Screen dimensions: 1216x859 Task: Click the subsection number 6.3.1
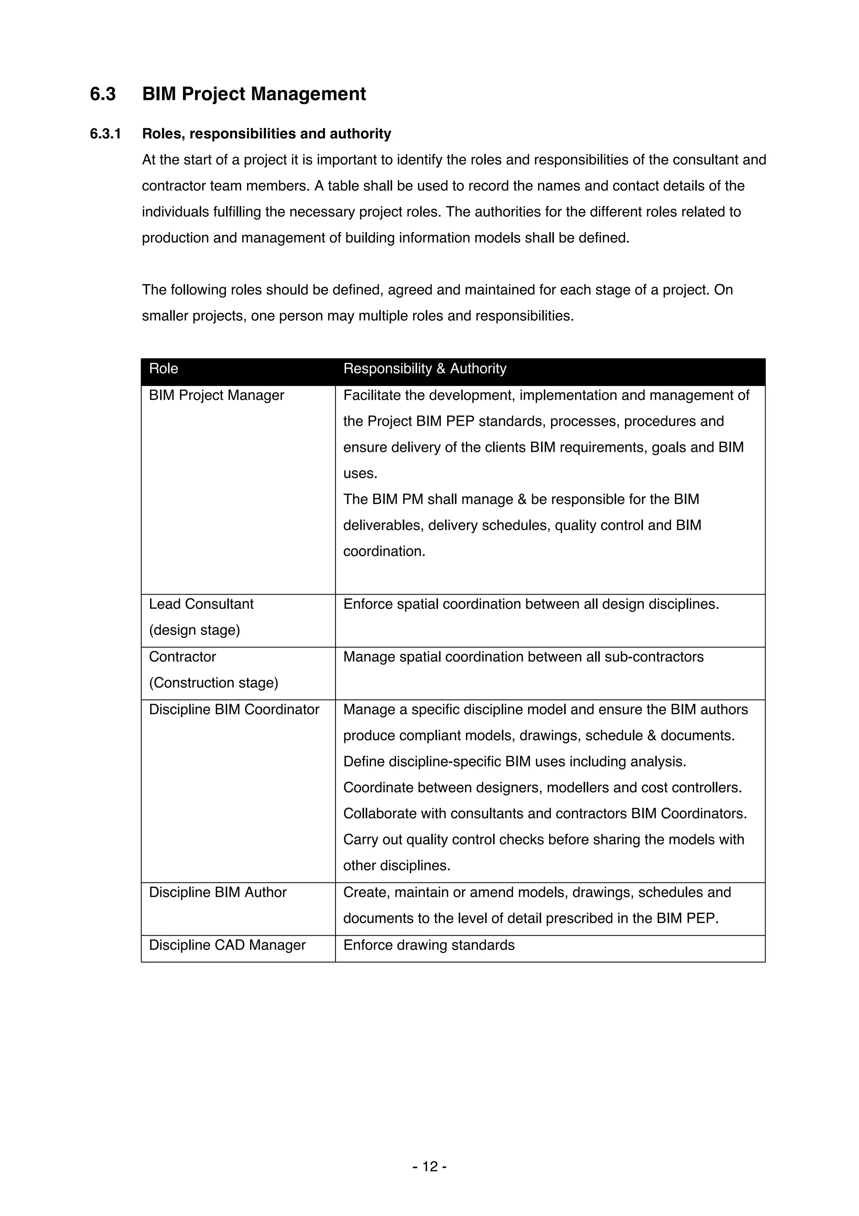point(105,133)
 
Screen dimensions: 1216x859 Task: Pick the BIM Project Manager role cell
point(216,395)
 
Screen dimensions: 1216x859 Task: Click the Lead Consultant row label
point(201,604)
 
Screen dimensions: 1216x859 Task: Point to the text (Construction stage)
point(213,683)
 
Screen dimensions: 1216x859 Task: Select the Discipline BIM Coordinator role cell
point(234,709)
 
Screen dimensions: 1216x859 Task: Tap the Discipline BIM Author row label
point(218,892)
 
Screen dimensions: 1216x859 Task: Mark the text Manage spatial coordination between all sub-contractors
point(523,657)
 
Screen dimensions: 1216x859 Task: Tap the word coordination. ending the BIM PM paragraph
point(384,551)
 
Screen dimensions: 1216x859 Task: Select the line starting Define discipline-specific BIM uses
point(515,762)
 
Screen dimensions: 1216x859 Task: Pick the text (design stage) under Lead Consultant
point(194,630)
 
